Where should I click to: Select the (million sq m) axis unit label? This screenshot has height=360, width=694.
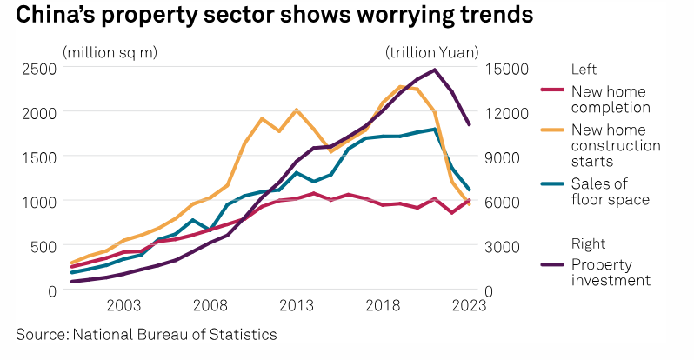pyautogui.click(x=110, y=51)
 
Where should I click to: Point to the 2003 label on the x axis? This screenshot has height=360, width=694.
pyautogui.click(x=123, y=305)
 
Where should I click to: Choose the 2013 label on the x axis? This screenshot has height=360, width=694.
pyautogui.click(x=297, y=305)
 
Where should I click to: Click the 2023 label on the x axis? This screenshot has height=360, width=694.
pyautogui.click(x=469, y=305)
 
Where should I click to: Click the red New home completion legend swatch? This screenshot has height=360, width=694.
pyautogui.click(x=552, y=89)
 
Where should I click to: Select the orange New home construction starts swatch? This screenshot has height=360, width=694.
pyautogui.click(x=552, y=129)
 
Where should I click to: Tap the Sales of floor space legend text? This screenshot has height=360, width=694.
pyautogui.click(x=610, y=191)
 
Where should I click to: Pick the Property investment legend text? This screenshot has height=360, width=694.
pyautogui.click(x=611, y=272)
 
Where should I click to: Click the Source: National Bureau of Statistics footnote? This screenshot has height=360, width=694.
pyautogui.click(x=146, y=334)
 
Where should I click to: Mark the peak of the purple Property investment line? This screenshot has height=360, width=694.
pyautogui.click(x=435, y=70)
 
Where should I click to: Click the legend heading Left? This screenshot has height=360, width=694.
pyautogui.click(x=583, y=69)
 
